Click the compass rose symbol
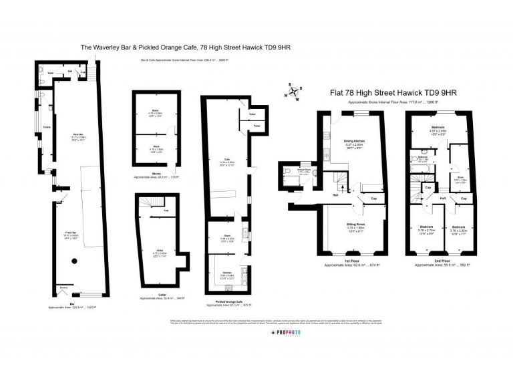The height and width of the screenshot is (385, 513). pyautogui.click(x=294, y=91)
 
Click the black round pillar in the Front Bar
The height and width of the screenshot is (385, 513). pyautogui.click(x=75, y=260)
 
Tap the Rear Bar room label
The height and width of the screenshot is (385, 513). pyautogui.click(x=78, y=136)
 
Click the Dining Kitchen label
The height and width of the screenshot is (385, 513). pyautogui.click(x=354, y=141)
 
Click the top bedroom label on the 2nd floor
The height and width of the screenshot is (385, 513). pyautogui.click(x=438, y=126)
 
